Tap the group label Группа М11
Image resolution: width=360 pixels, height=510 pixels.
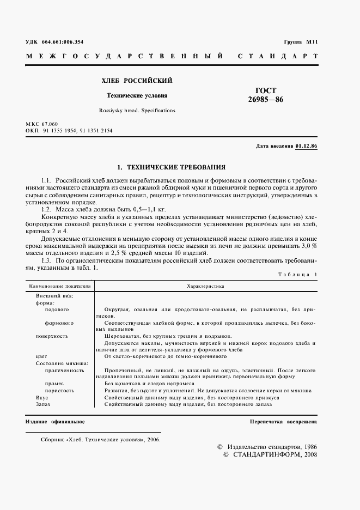tap(301, 41)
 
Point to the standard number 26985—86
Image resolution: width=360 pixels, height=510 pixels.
tap(266, 100)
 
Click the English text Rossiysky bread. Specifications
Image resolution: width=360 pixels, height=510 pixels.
tap(137, 110)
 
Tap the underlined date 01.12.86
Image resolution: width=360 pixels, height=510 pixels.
tap(307, 147)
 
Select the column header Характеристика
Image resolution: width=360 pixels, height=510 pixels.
tap(205, 285)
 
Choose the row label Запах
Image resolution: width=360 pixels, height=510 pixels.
tap(43, 404)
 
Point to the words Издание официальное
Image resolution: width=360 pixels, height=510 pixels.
tap(55, 422)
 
